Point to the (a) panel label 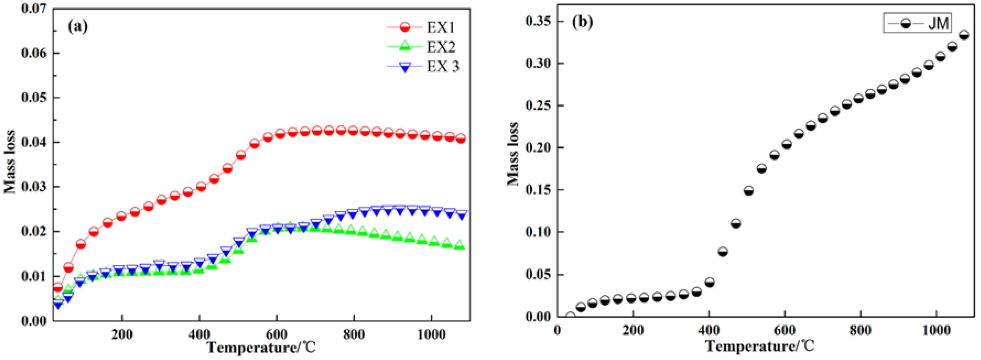pyautogui.click(x=77, y=26)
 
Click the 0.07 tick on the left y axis pyautogui.click(x=34, y=8)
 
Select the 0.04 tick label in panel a pyautogui.click(x=34, y=142)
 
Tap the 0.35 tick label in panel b pyautogui.click(x=538, y=21)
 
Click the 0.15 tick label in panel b pyautogui.click(x=538, y=190)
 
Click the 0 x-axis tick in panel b pyautogui.click(x=557, y=330)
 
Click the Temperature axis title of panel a pyautogui.click(x=261, y=347)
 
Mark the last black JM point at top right pyautogui.click(x=964, y=35)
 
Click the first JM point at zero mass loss pyautogui.click(x=570, y=316)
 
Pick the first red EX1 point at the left pyautogui.click(x=58, y=287)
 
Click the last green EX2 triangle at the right pyautogui.click(x=460, y=245)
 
